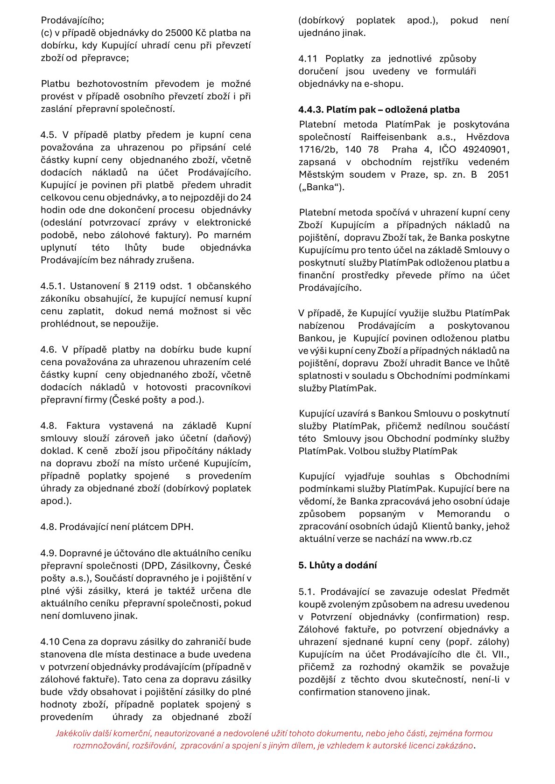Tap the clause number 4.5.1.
55,286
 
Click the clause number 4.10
49,642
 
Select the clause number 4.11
308,59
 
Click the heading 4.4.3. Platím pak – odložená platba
379,110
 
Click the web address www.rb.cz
448,539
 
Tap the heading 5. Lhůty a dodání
337,565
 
